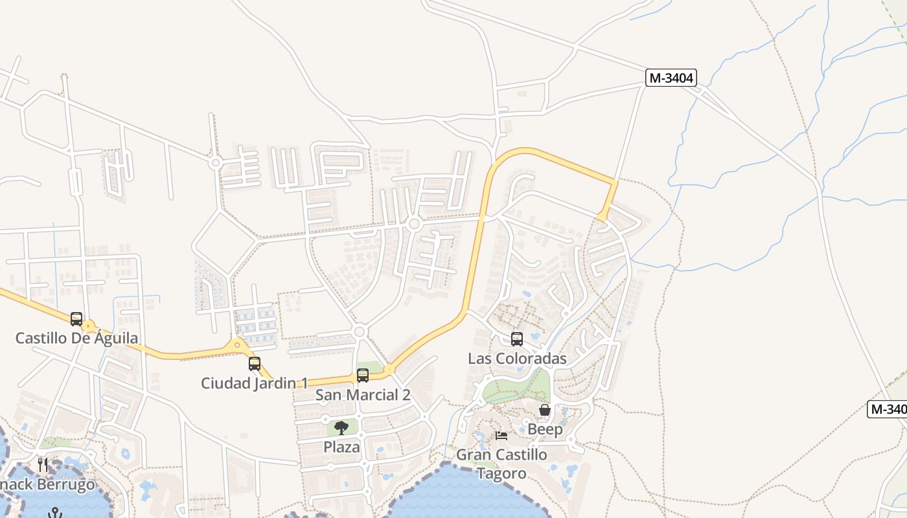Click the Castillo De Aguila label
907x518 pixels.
tap(76, 338)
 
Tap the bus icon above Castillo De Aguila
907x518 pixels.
tap(76, 319)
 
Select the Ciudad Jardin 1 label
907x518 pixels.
tap(255, 383)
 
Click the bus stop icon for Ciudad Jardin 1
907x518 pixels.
tap(255, 364)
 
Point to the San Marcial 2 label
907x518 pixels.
tap(363, 395)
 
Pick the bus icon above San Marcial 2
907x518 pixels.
tap(363, 376)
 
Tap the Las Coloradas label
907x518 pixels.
tap(517, 359)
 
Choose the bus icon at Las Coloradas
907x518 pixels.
tap(517, 339)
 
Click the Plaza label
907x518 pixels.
tap(341, 447)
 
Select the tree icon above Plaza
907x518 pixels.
tap(341, 427)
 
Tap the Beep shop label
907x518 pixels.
tap(545, 429)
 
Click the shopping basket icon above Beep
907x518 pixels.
tap(545, 410)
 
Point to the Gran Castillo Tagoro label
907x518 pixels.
tap(501, 464)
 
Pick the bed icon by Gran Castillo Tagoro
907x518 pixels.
tap(501, 436)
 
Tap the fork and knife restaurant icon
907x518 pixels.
tap(43, 464)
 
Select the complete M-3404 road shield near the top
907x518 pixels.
tap(671, 78)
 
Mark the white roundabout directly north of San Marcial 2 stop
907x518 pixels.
tap(360, 332)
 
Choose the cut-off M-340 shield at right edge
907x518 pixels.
tap(887, 409)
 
